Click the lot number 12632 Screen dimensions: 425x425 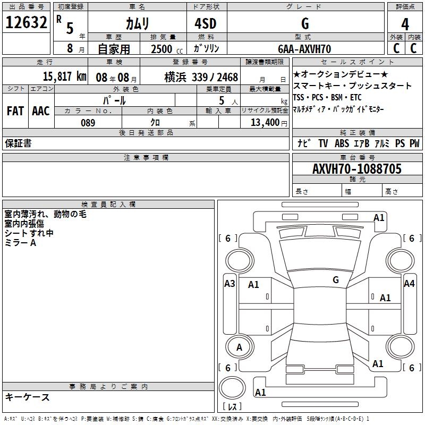tap(26, 22)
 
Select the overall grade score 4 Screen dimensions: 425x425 tap(405, 24)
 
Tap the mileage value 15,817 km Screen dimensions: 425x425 tap(64, 76)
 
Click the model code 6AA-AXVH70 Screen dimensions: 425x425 tap(304, 49)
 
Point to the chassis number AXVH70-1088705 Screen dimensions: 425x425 tap(357, 168)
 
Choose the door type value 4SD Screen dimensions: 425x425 tap(206, 23)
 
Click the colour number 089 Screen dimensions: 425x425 tap(88, 123)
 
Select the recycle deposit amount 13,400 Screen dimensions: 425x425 tap(265, 123)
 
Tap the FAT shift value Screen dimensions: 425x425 tap(15, 111)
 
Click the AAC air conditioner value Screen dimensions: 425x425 tap(41, 111)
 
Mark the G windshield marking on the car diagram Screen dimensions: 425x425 tap(336, 280)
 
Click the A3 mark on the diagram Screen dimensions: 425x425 tap(229, 284)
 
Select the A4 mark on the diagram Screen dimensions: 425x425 tap(409, 284)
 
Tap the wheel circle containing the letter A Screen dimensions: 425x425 tap(240, 347)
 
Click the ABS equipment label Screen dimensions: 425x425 tap(342, 143)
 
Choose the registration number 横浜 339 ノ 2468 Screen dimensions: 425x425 tap(201, 77)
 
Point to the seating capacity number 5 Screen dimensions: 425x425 tap(222, 100)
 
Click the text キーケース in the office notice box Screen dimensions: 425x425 tap(27, 397)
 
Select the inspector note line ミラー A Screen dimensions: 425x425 tap(20, 243)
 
